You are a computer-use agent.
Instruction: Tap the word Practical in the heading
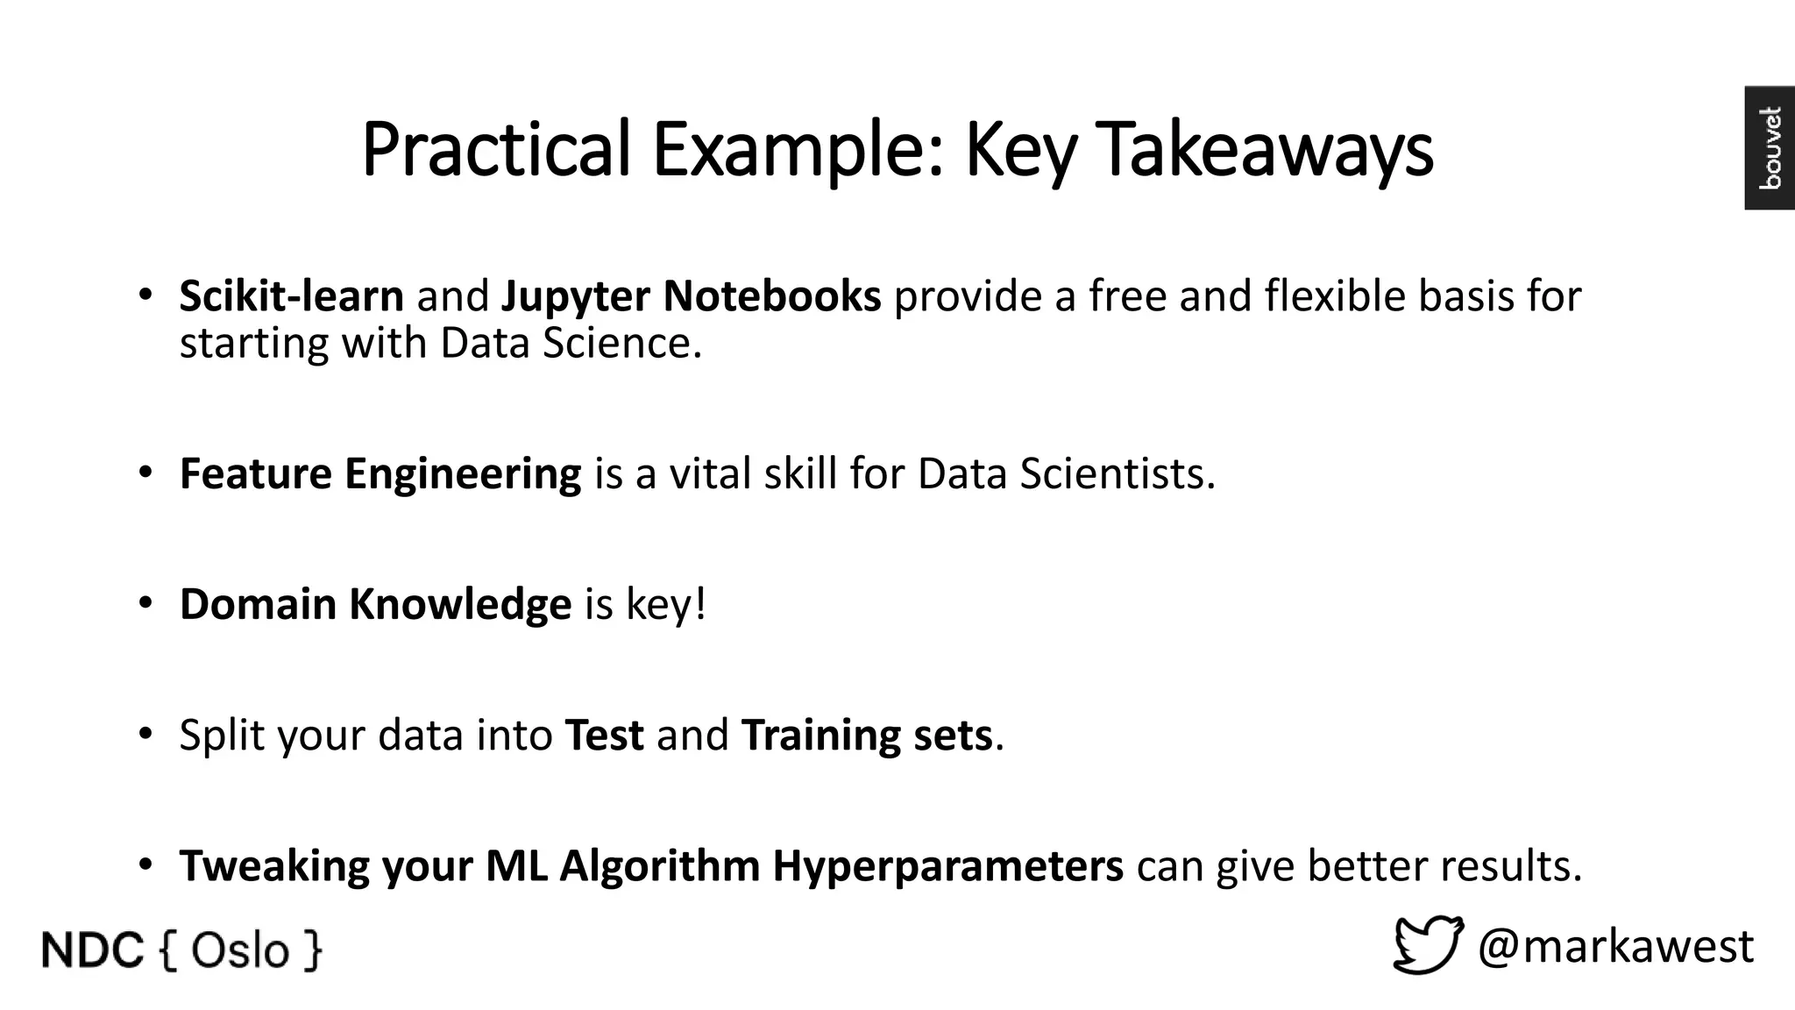[x=495, y=150]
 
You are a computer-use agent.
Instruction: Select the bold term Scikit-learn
[x=291, y=296]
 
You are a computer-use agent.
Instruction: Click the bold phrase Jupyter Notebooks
[x=691, y=296]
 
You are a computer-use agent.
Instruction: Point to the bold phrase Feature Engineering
[x=380, y=473]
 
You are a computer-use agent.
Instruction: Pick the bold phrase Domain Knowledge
[x=375, y=604]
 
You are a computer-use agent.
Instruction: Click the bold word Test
[x=604, y=735]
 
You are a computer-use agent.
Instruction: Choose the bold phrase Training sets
[x=867, y=735]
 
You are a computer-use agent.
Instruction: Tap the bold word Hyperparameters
[x=947, y=865]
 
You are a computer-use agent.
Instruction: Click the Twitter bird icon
[x=1428, y=945]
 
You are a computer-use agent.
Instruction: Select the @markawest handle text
[x=1615, y=946]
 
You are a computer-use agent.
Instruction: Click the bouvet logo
[x=1770, y=148]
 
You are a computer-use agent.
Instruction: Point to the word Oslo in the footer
[x=239, y=951]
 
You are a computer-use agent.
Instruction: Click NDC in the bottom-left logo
[x=92, y=951]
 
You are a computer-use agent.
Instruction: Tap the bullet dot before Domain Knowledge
[x=145, y=603]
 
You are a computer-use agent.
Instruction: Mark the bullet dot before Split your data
[x=145, y=734]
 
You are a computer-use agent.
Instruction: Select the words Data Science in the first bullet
[x=571, y=343]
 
